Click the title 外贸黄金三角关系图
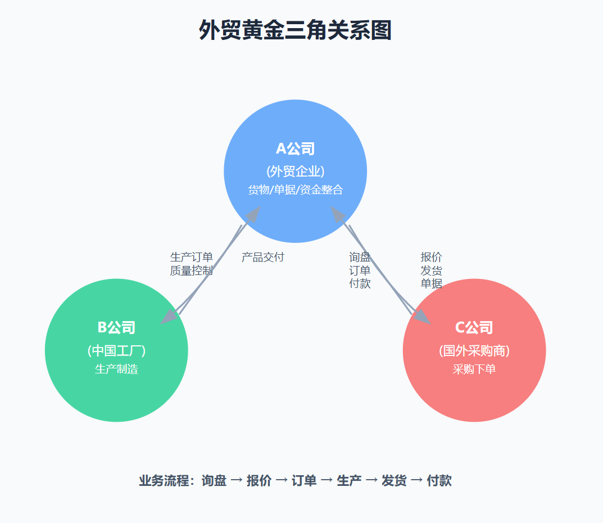point(295,30)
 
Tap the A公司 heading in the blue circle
point(295,148)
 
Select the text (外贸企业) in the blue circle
point(295,171)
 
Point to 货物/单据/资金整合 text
point(295,190)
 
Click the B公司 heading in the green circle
point(116,327)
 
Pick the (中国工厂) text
point(116,350)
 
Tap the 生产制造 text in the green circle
point(116,369)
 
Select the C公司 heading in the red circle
point(474,327)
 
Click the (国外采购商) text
point(474,350)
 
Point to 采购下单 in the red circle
point(474,369)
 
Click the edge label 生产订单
point(191,258)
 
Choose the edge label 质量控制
point(191,270)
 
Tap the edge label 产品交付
point(262,258)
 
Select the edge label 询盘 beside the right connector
point(360,258)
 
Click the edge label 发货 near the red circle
point(431,270)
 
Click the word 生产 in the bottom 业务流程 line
point(349,481)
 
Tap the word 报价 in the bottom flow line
point(259,481)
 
